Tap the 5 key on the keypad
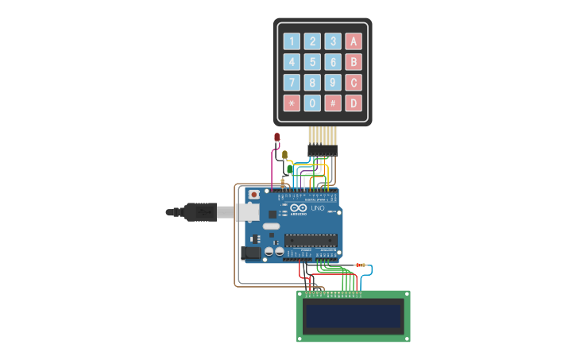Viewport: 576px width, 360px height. click(313, 62)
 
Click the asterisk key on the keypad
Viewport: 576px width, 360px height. click(292, 103)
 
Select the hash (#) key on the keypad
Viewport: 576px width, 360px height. click(333, 103)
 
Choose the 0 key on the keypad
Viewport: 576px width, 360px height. click(313, 103)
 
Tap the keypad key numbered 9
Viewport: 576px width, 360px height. click(333, 83)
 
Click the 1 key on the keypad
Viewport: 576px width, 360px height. click(292, 41)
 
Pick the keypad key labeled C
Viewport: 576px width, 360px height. click(354, 83)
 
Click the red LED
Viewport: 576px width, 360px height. click(276, 138)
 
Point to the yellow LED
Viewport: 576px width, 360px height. click(284, 155)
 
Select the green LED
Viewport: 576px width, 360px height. click(289, 168)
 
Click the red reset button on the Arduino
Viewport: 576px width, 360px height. click(253, 194)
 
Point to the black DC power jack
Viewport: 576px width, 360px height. click(250, 253)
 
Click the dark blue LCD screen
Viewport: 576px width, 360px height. click(354, 316)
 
